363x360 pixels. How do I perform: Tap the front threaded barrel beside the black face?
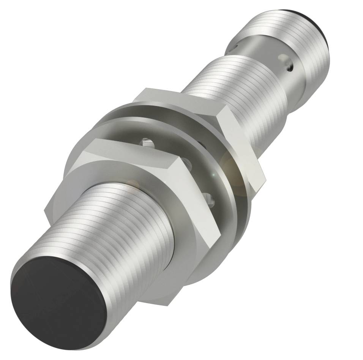tap(125, 235)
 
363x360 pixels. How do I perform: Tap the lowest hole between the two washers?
tap(207, 198)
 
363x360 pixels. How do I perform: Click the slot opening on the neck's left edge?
tap(232, 47)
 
